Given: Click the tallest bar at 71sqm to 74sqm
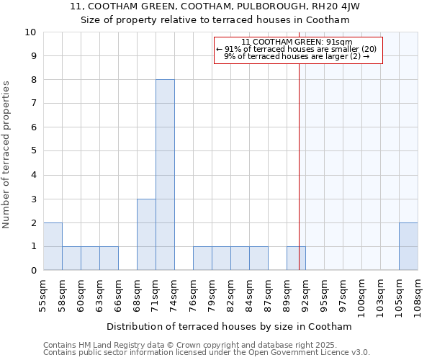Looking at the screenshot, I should click(x=165, y=175).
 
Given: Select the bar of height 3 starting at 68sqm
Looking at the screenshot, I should click(x=146, y=235).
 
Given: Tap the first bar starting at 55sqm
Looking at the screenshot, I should click(x=53, y=246).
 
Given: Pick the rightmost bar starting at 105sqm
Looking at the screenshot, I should click(x=408, y=246).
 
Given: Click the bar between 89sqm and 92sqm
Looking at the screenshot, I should click(x=296, y=258).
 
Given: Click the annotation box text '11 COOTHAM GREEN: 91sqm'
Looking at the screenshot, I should click(x=297, y=42).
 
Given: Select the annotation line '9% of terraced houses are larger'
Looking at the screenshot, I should click(x=297, y=56).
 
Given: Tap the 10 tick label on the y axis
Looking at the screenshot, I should click(x=30, y=32).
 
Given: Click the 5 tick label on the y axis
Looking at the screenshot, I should click(x=33, y=151).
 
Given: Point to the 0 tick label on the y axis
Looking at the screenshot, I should click(x=33, y=271).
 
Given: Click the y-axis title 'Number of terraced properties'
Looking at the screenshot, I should click(x=7, y=155).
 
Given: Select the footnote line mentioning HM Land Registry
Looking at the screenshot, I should click(x=194, y=345).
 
